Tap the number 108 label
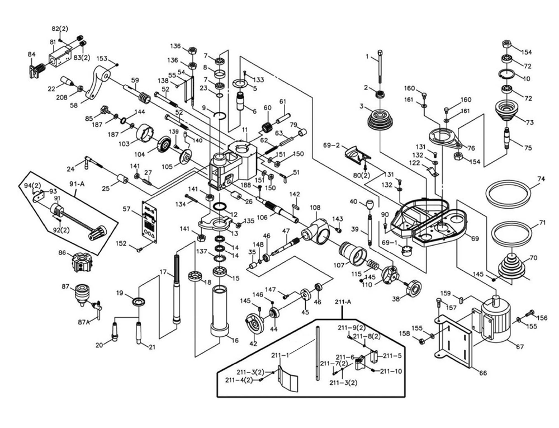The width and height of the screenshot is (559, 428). (315, 208)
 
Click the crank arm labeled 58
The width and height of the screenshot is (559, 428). (98, 84)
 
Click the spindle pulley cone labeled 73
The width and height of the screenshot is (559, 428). (508, 113)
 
